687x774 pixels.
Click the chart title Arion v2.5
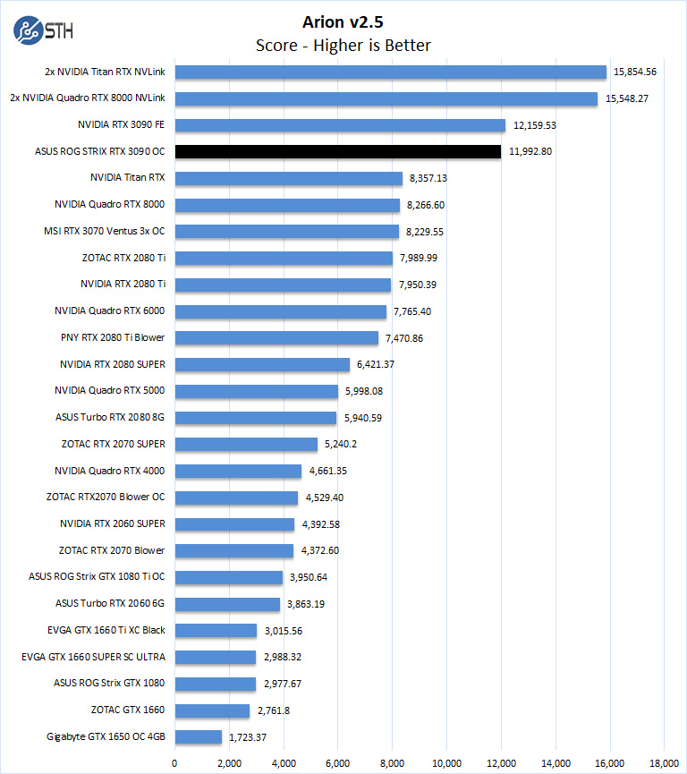343,20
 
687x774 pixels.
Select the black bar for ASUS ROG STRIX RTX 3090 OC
337,151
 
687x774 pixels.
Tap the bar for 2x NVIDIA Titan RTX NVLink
390,72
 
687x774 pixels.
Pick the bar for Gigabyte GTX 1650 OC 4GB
198,737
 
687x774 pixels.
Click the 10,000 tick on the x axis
446,763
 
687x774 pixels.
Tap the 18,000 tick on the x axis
665,763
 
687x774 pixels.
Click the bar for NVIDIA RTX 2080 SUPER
261,364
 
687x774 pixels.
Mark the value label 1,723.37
249,737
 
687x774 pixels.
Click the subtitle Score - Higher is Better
343,45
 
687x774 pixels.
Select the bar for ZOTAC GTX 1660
212,710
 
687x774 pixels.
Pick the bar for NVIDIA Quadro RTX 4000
237,471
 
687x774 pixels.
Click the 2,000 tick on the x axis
228,763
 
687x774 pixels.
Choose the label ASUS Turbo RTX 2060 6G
111,604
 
